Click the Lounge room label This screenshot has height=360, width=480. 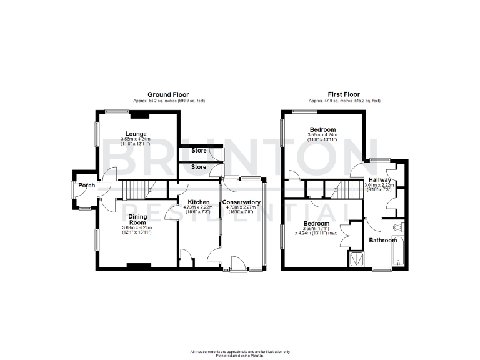click(136, 134)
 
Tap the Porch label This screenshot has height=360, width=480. click(86, 185)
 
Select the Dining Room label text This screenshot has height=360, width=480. click(137, 220)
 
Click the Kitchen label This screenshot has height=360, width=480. click(199, 202)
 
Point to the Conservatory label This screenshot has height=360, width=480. click(241, 202)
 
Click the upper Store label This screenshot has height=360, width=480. click(199, 151)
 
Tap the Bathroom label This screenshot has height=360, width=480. click(382, 240)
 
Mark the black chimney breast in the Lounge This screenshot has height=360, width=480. click(139, 114)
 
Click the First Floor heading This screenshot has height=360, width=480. click(344, 94)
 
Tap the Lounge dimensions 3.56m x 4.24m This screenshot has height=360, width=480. click(136, 139)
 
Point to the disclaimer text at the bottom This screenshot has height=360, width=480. click(239, 352)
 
